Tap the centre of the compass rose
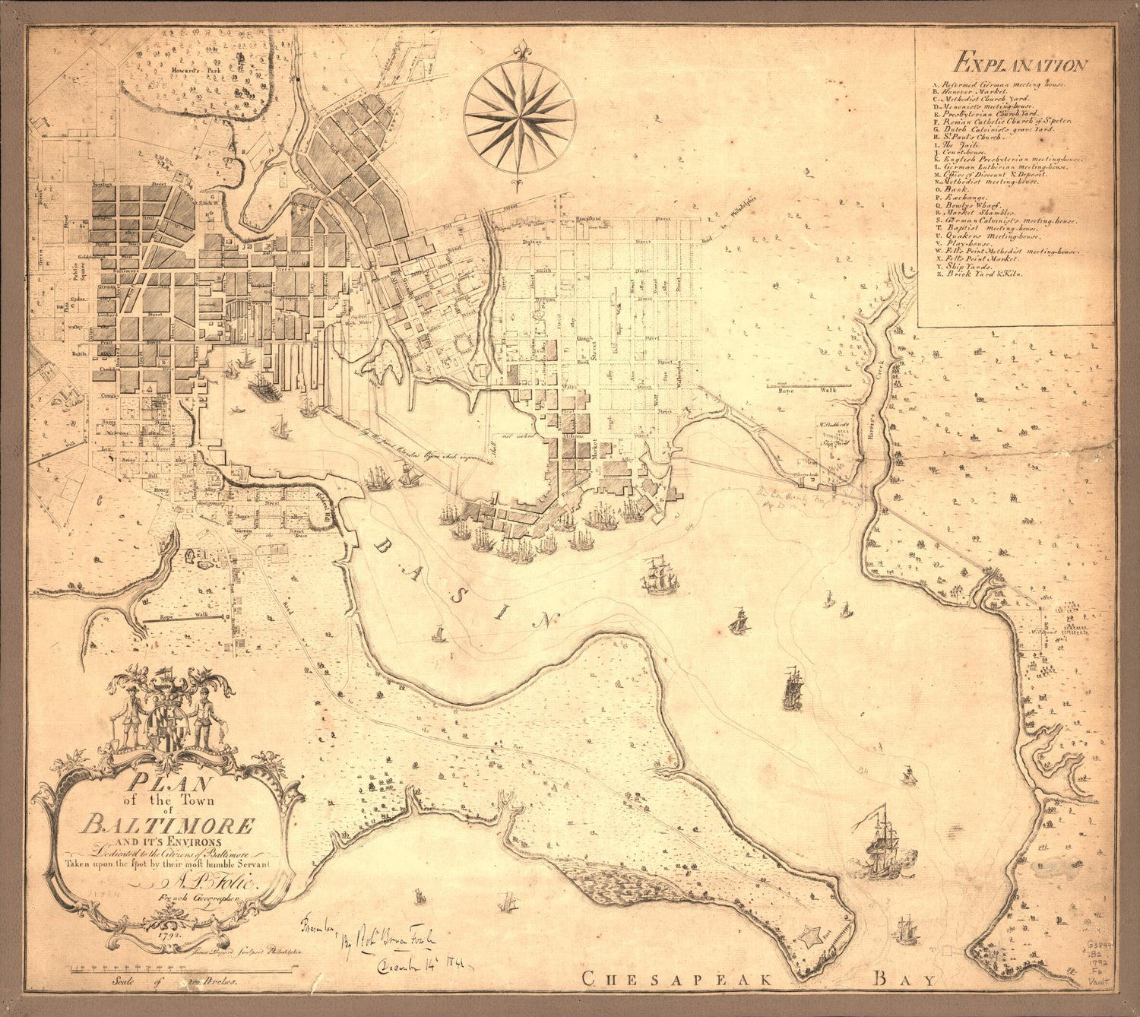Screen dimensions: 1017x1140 tap(520, 116)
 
